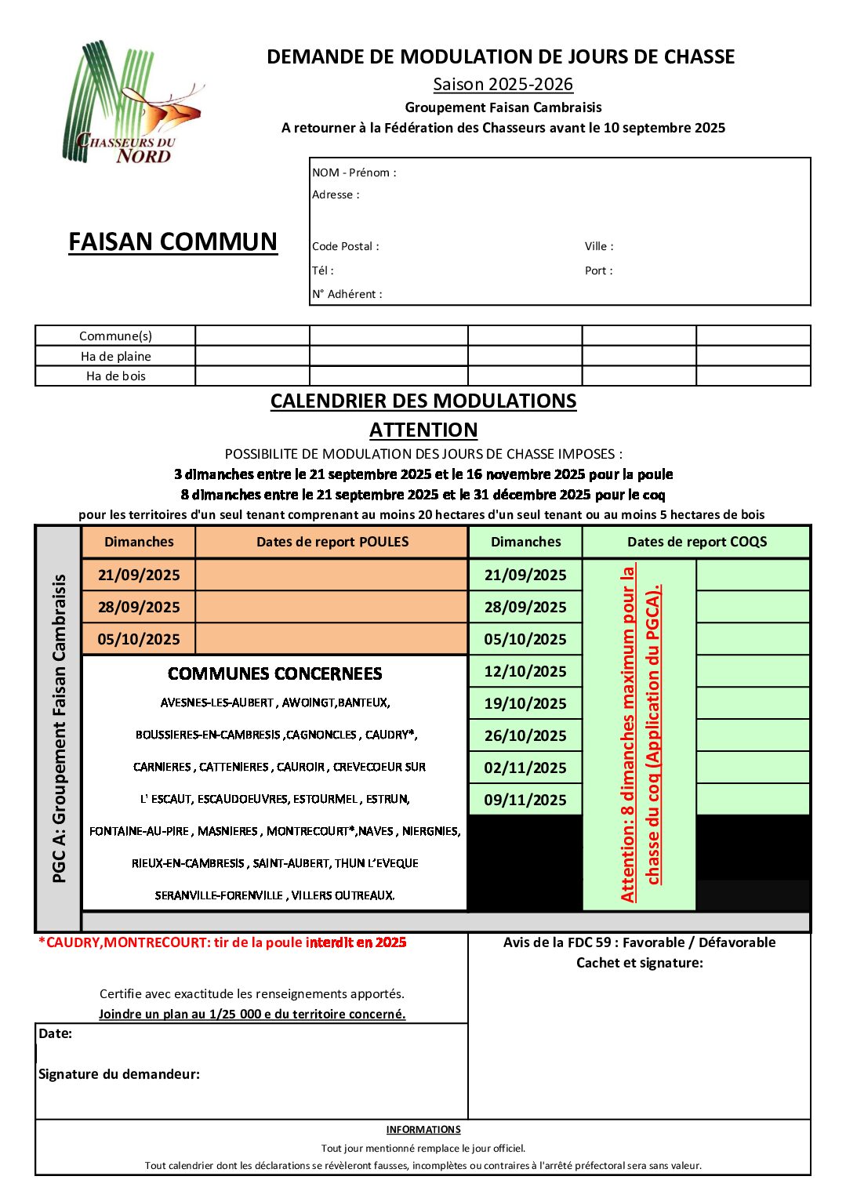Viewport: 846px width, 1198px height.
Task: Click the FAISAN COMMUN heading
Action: coord(172,241)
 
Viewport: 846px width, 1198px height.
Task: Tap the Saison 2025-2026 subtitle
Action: coord(503,84)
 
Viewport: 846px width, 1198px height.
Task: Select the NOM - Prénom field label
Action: coord(354,172)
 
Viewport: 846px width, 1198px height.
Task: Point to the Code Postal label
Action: coord(345,246)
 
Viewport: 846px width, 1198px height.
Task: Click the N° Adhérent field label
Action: coord(347,294)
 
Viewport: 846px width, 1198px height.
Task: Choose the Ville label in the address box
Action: coord(599,246)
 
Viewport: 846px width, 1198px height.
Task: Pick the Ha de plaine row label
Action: coord(115,356)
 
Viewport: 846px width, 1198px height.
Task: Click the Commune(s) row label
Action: coord(115,336)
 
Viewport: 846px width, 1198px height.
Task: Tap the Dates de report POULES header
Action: coord(332,542)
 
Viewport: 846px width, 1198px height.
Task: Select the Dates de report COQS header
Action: coord(696,542)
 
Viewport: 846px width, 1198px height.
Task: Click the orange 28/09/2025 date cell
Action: coord(139,607)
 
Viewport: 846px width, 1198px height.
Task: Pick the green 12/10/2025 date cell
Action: coord(525,671)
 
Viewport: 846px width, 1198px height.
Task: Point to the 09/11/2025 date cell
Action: coord(525,800)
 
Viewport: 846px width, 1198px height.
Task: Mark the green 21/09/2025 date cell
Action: coord(525,575)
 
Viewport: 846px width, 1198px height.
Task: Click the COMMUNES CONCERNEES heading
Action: coord(274,673)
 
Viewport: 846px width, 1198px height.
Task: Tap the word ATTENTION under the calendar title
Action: coord(423,430)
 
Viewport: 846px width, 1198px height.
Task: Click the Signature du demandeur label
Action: coord(119,1074)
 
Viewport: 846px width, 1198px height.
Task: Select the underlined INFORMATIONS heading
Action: coord(423,1130)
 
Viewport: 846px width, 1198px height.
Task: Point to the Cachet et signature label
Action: coord(639,963)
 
